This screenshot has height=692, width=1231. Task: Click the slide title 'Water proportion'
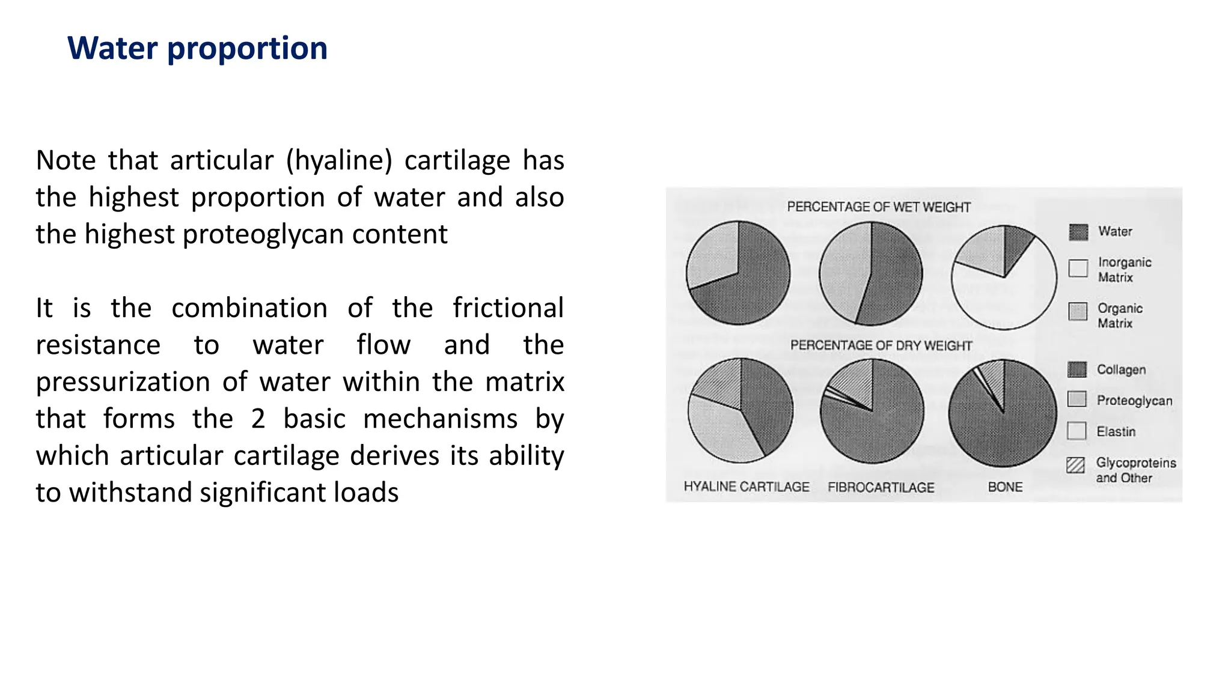point(197,48)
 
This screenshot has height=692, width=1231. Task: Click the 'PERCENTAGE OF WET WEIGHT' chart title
point(879,207)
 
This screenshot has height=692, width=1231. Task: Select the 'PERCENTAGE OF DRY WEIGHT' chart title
point(881,345)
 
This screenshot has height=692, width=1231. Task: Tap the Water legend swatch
point(1078,232)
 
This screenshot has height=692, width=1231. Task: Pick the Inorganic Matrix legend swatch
point(1078,269)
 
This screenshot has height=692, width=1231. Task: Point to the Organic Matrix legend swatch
point(1078,311)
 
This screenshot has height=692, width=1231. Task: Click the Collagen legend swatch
point(1077,369)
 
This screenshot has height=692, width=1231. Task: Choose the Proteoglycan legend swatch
point(1077,399)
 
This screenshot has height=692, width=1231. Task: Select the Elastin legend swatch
point(1077,431)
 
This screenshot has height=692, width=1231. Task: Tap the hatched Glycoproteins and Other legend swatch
point(1076,465)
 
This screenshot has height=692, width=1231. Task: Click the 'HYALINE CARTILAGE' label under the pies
point(747,487)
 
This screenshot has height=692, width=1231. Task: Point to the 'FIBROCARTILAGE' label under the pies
point(881,487)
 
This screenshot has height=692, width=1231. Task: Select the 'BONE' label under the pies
point(1005,487)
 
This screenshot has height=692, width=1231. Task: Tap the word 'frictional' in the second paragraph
point(508,308)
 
